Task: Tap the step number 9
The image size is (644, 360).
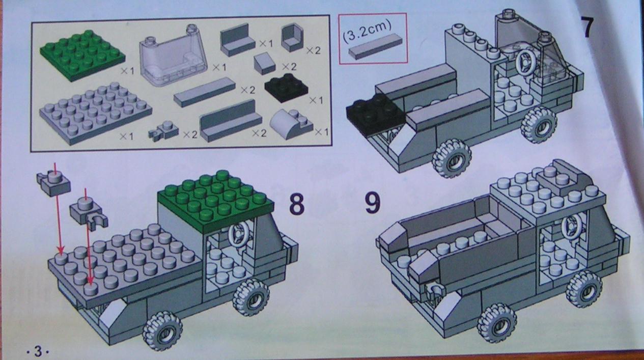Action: pos(373,203)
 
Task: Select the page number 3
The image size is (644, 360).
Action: pos(38,351)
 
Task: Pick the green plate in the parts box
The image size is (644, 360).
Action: pos(82,57)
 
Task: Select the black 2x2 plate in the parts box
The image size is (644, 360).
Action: pos(286,88)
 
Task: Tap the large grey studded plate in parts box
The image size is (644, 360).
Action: pos(96,112)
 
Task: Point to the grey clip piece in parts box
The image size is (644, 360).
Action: pos(163,132)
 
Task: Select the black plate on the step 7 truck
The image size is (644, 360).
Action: pos(376,115)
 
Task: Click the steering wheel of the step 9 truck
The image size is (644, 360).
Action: pos(573,228)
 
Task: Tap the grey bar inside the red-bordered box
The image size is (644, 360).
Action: pos(376,46)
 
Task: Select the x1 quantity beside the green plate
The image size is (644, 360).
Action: pos(127,71)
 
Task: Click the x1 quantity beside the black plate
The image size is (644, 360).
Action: pos(316,100)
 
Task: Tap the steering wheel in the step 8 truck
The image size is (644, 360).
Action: pos(238,234)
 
